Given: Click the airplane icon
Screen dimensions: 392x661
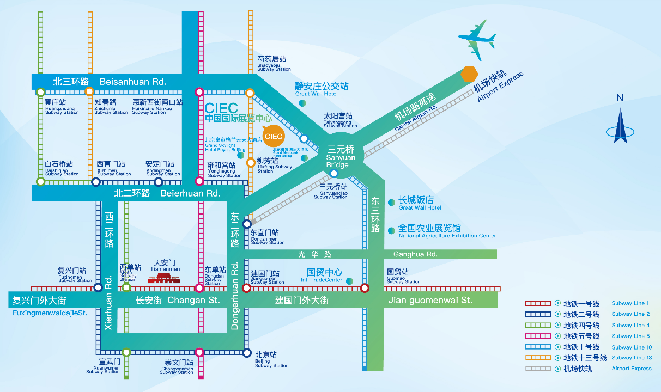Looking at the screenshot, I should tap(477, 39).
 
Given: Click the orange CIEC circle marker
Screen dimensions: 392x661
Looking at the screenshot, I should tap(273, 136).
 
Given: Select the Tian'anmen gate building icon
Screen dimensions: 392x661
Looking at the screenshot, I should tap(163, 278).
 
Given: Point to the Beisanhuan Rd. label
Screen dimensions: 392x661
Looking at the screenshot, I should tap(132, 82).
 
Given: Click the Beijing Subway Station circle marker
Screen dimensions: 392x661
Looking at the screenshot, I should tap(247, 352).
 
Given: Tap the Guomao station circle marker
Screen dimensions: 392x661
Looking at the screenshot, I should tap(365, 288).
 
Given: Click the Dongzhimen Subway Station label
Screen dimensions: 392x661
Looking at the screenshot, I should tap(267, 236).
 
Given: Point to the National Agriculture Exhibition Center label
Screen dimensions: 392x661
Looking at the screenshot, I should tap(447, 231).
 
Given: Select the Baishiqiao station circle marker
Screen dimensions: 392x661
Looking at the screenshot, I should tap(40, 182).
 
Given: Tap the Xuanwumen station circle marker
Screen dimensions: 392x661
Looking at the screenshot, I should tap(126, 352).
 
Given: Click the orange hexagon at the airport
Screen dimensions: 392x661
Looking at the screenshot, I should tap(469, 74).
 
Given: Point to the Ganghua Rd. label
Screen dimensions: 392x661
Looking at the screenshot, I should tap(415, 254).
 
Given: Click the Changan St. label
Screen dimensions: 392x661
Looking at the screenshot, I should tap(193, 300).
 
